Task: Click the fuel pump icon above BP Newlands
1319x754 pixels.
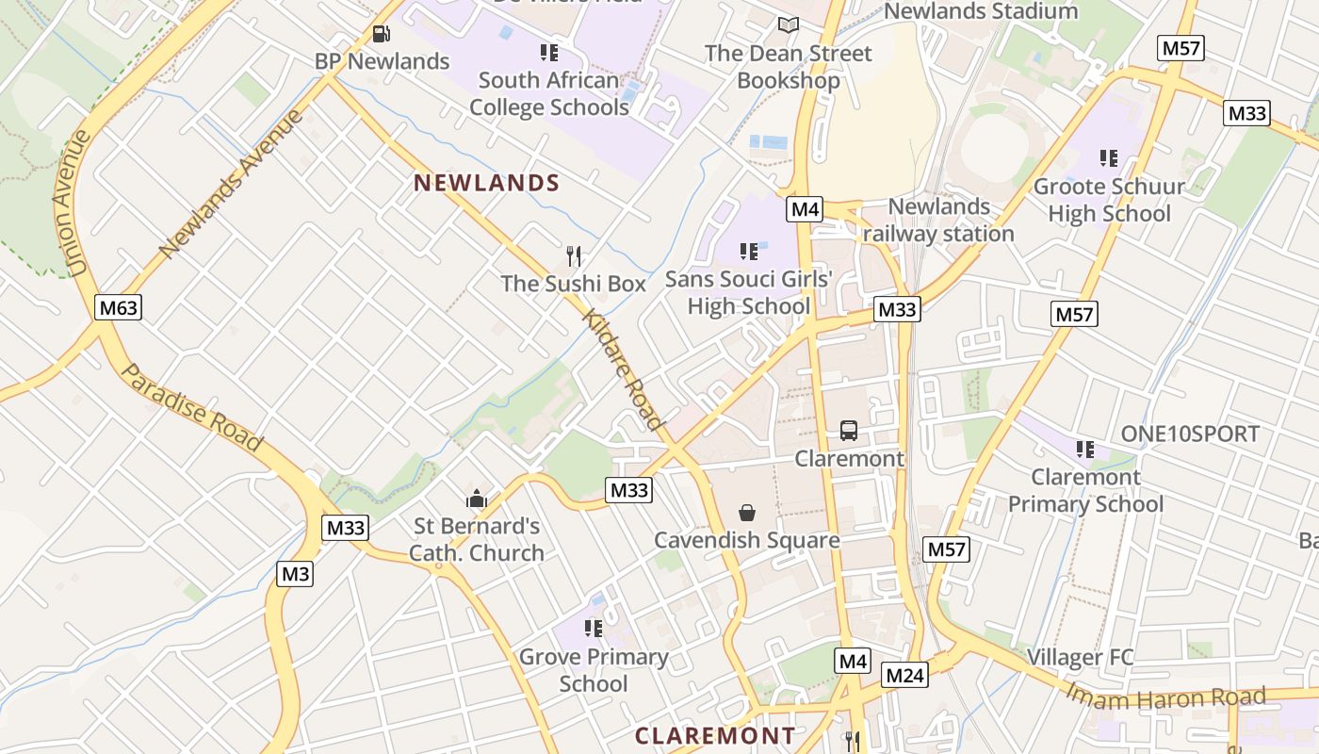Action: tap(382, 34)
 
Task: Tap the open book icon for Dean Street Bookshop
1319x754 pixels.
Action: tap(789, 25)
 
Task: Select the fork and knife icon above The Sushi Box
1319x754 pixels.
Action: tap(574, 255)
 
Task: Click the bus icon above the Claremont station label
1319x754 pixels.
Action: tap(849, 431)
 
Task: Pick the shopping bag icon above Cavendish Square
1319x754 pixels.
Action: tap(747, 513)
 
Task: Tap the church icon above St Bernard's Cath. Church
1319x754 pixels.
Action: tap(477, 499)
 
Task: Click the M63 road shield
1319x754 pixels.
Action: tap(119, 306)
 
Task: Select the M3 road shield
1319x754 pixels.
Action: tap(295, 573)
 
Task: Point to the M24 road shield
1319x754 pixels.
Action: tap(905, 675)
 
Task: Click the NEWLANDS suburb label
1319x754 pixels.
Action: tap(487, 183)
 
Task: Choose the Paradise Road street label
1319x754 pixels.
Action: tap(192, 406)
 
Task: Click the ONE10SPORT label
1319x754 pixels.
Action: tap(1190, 434)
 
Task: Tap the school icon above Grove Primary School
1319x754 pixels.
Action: tap(594, 628)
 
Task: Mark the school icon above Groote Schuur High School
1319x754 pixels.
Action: tap(1109, 158)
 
